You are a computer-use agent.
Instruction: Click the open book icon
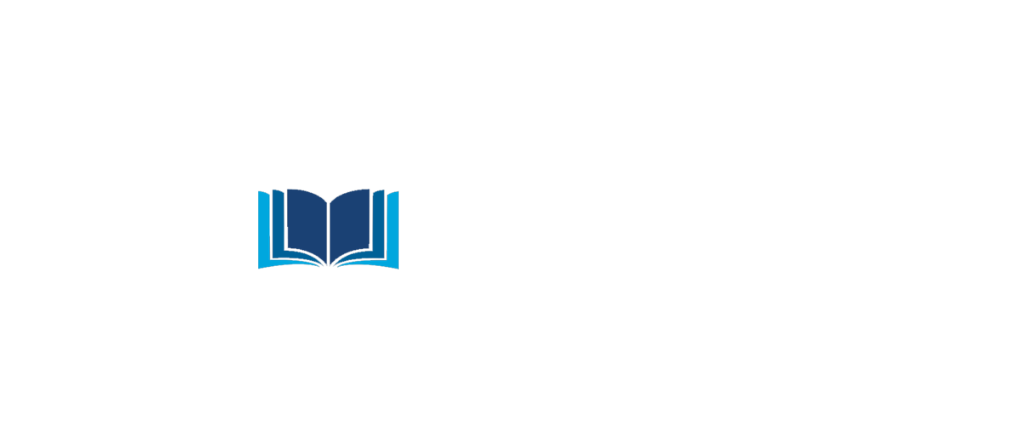(329, 228)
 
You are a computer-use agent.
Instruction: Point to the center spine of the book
(329, 229)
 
